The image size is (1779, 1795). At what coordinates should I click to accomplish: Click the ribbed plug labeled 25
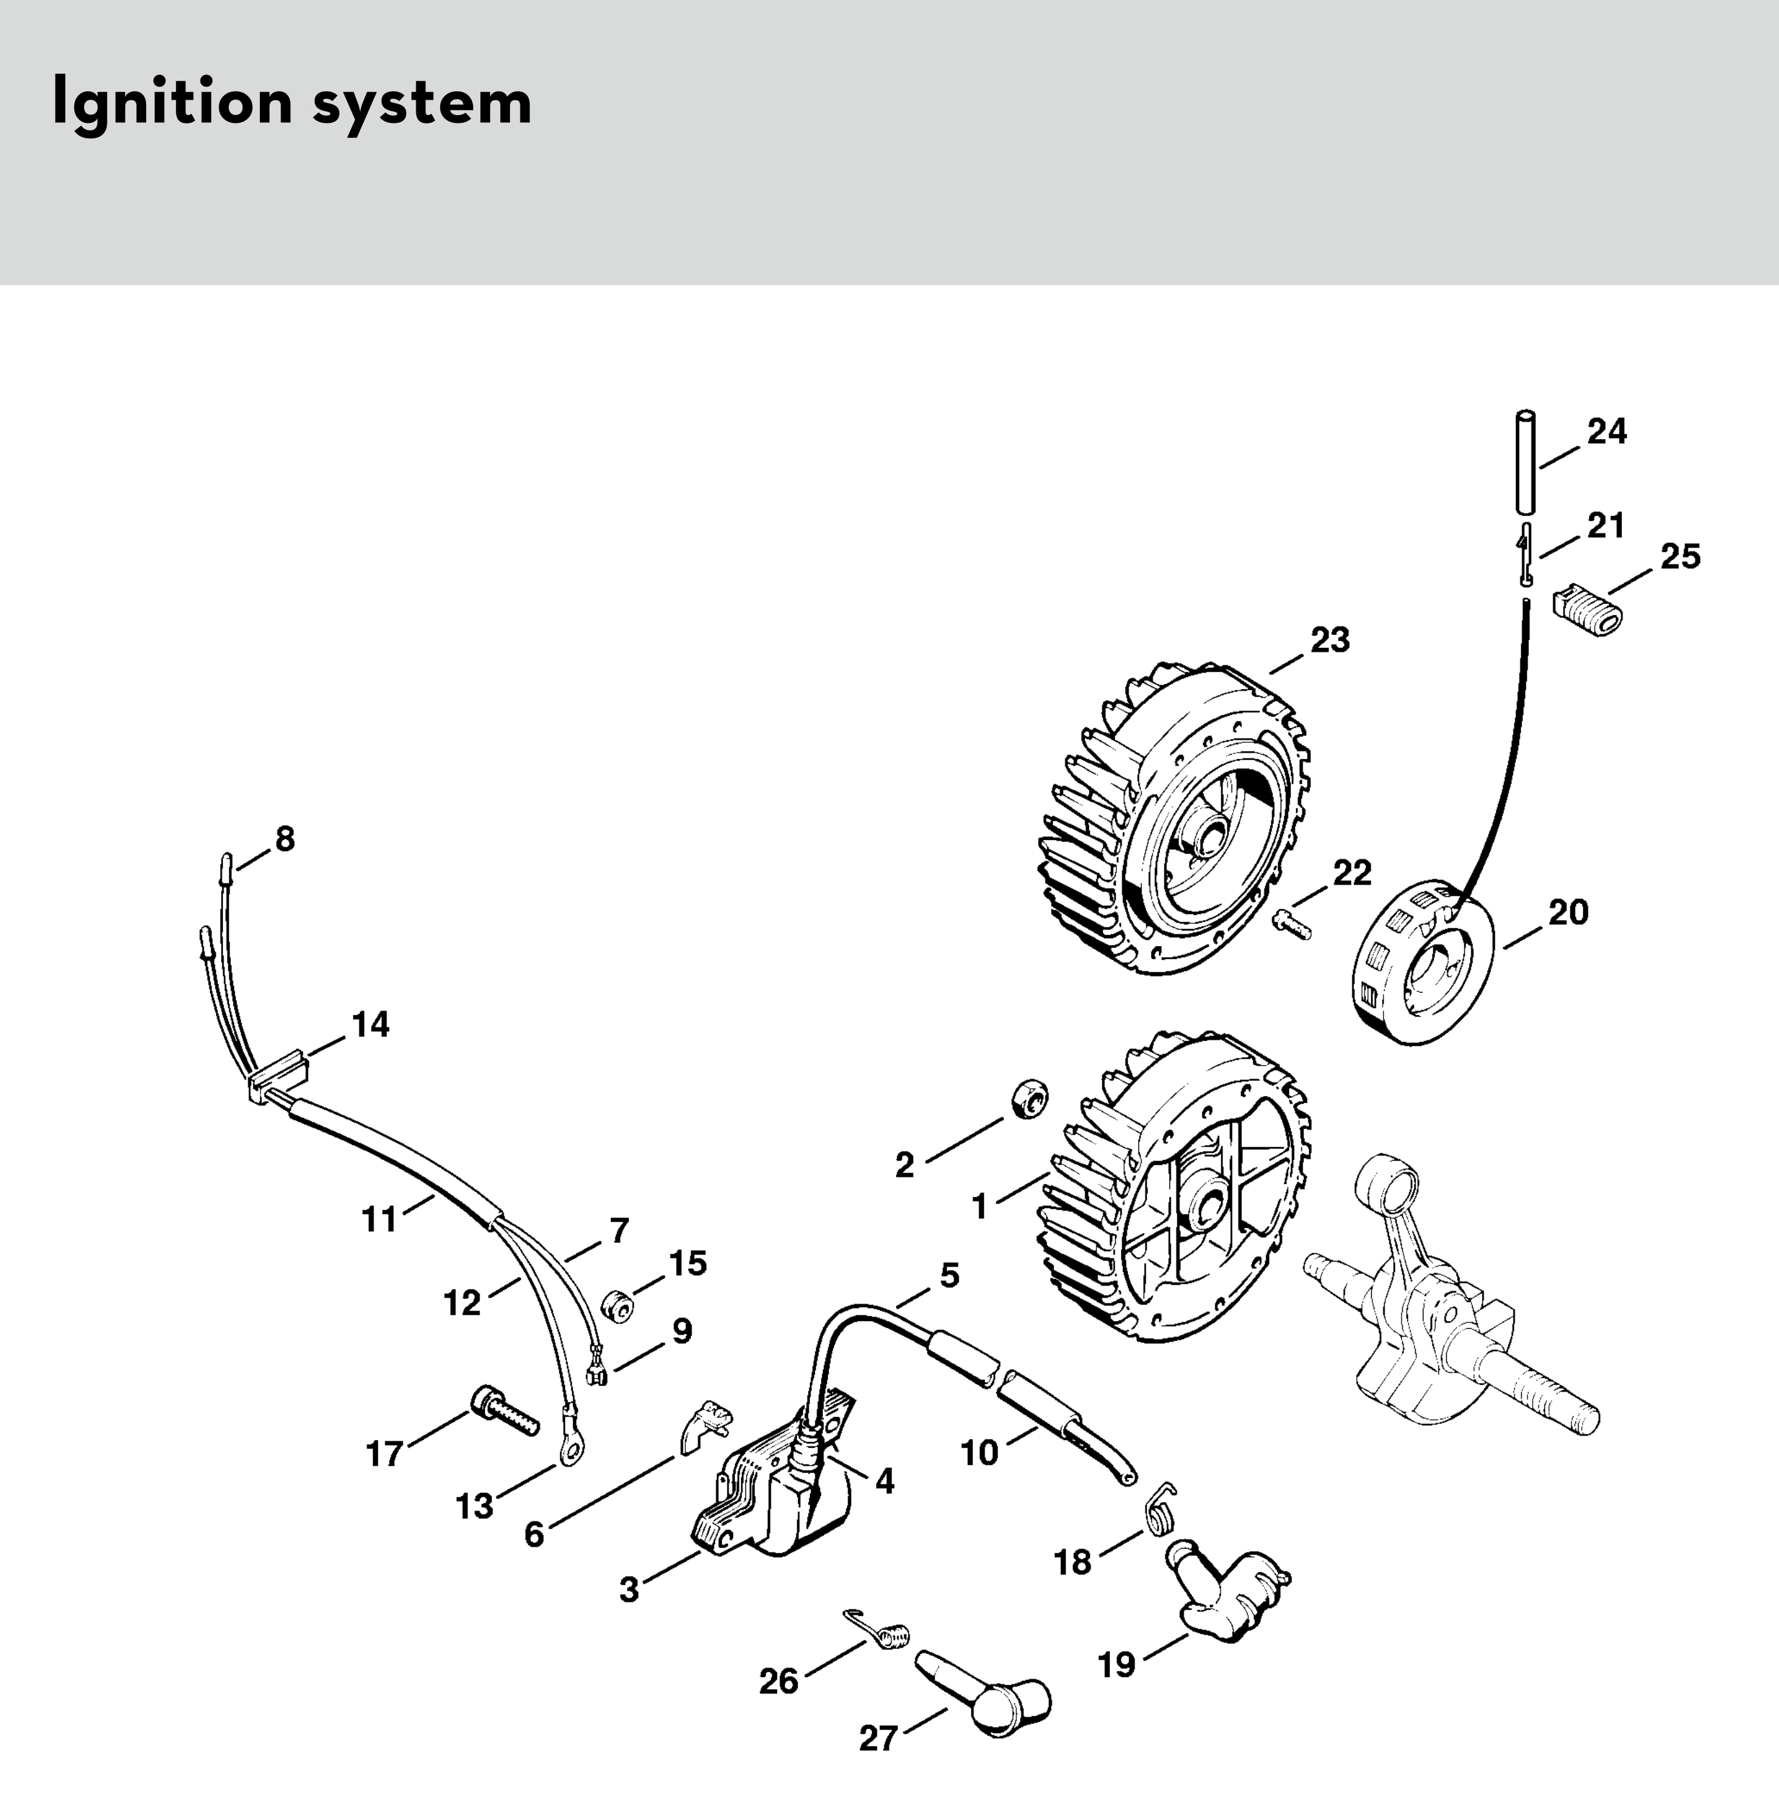(1586, 607)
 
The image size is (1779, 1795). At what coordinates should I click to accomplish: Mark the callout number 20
(1568, 912)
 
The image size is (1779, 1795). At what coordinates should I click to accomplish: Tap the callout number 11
(379, 1219)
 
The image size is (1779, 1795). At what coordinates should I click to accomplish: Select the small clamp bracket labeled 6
(704, 1431)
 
